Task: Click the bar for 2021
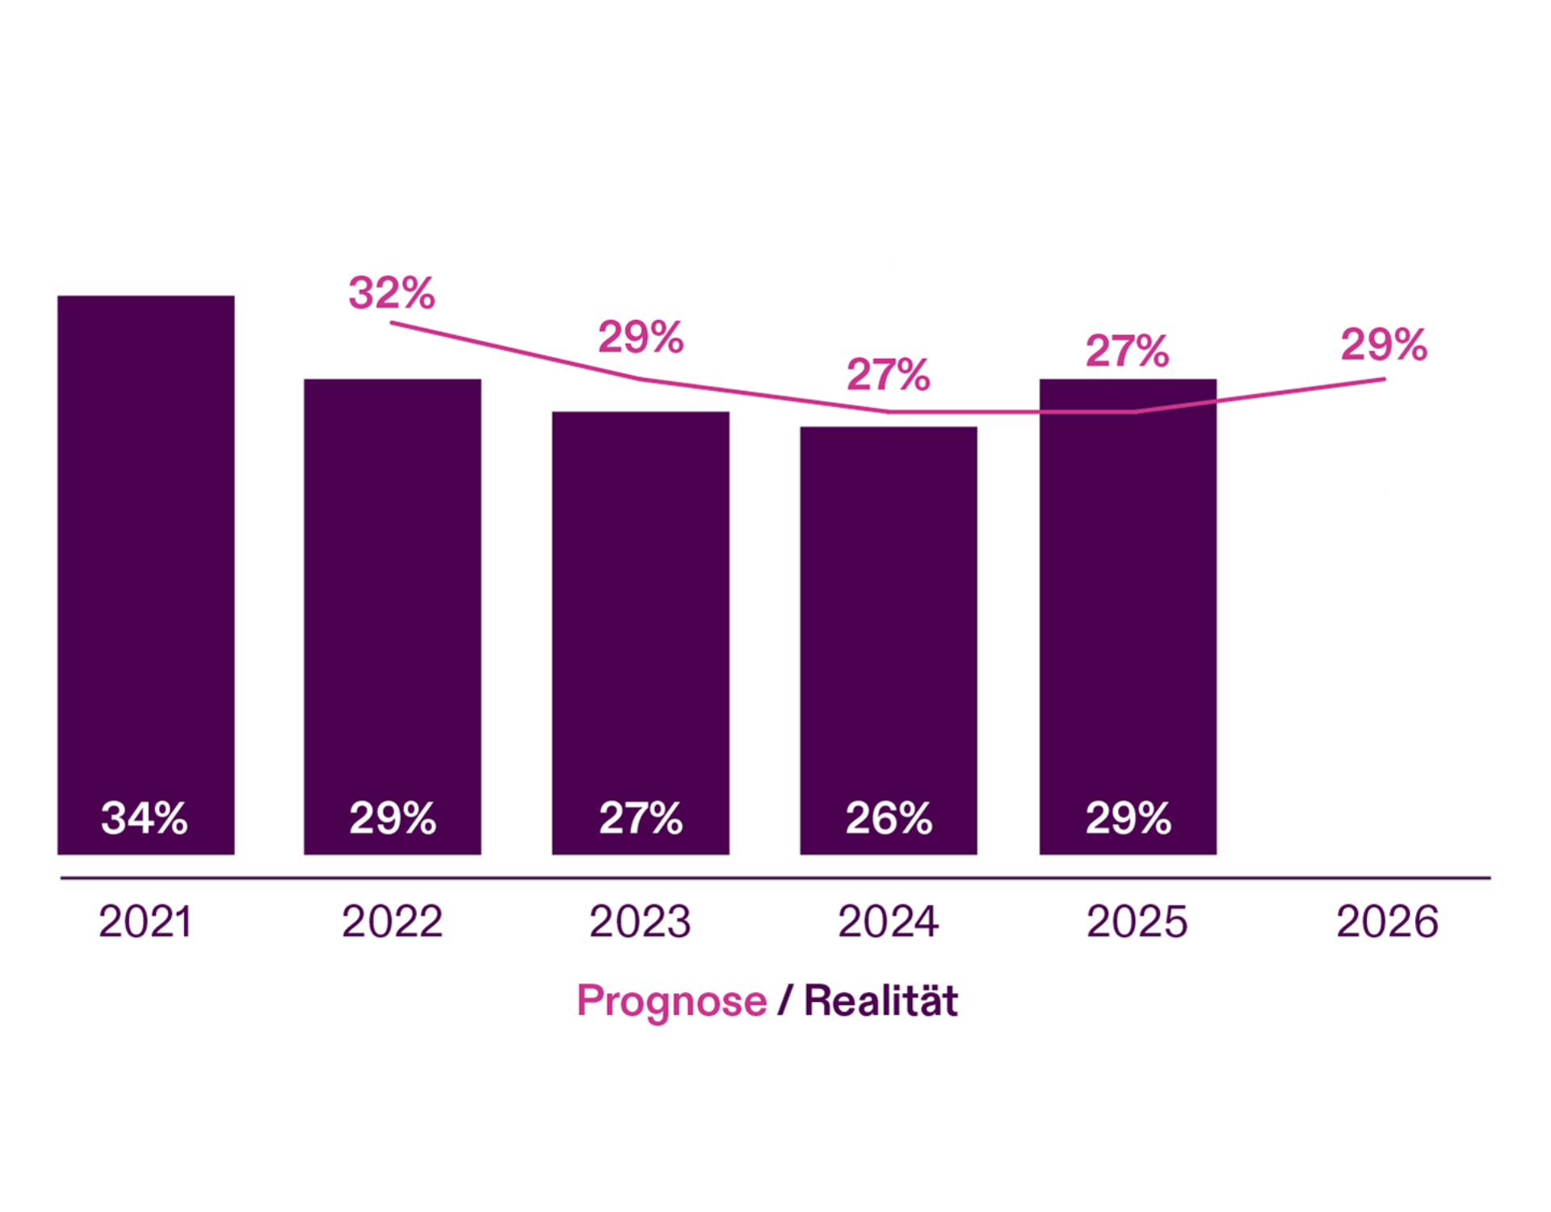tap(145, 566)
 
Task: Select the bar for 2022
tap(392, 606)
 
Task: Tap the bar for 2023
tap(640, 622)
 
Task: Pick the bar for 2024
tap(888, 630)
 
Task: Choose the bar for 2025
tap(1128, 606)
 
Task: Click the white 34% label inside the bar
tap(145, 818)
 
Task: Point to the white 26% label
tap(889, 818)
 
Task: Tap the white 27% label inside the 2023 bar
tap(641, 818)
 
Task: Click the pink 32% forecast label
tap(392, 292)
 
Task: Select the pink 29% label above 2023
tap(641, 337)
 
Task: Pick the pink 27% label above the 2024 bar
tap(888, 374)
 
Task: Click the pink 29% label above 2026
tap(1384, 344)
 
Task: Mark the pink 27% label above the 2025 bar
tap(1127, 351)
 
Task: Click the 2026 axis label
tap(1387, 921)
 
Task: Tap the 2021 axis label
tap(145, 921)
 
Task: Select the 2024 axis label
tap(888, 921)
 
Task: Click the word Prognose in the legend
tap(671, 1001)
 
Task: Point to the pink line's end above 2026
tap(1383, 379)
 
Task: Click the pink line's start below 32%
tap(393, 323)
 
